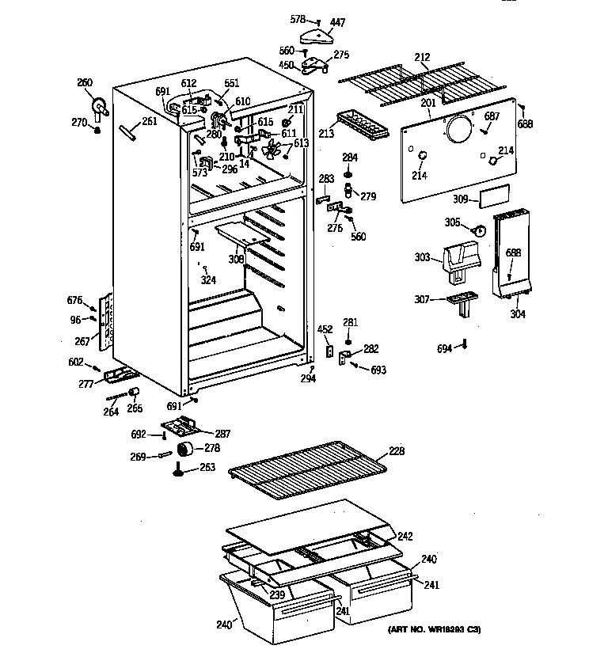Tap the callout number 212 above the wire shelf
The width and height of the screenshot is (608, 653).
tap(422, 56)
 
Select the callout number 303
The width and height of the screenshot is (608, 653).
tap(422, 257)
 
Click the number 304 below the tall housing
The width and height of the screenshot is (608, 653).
tap(518, 314)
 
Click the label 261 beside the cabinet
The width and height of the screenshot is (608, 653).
tap(149, 121)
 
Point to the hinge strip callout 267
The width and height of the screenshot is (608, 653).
tap(82, 343)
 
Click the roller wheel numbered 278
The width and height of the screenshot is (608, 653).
tap(187, 450)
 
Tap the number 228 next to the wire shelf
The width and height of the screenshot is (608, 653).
tap(397, 451)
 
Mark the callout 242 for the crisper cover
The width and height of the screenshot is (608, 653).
tap(405, 535)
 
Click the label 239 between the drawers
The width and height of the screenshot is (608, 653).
tap(276, 595)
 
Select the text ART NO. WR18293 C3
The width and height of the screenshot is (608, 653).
tap(435, 629)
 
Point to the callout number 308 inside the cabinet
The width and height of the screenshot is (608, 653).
tap(237, 258)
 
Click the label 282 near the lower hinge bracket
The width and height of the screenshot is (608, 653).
tap(370, 348)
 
